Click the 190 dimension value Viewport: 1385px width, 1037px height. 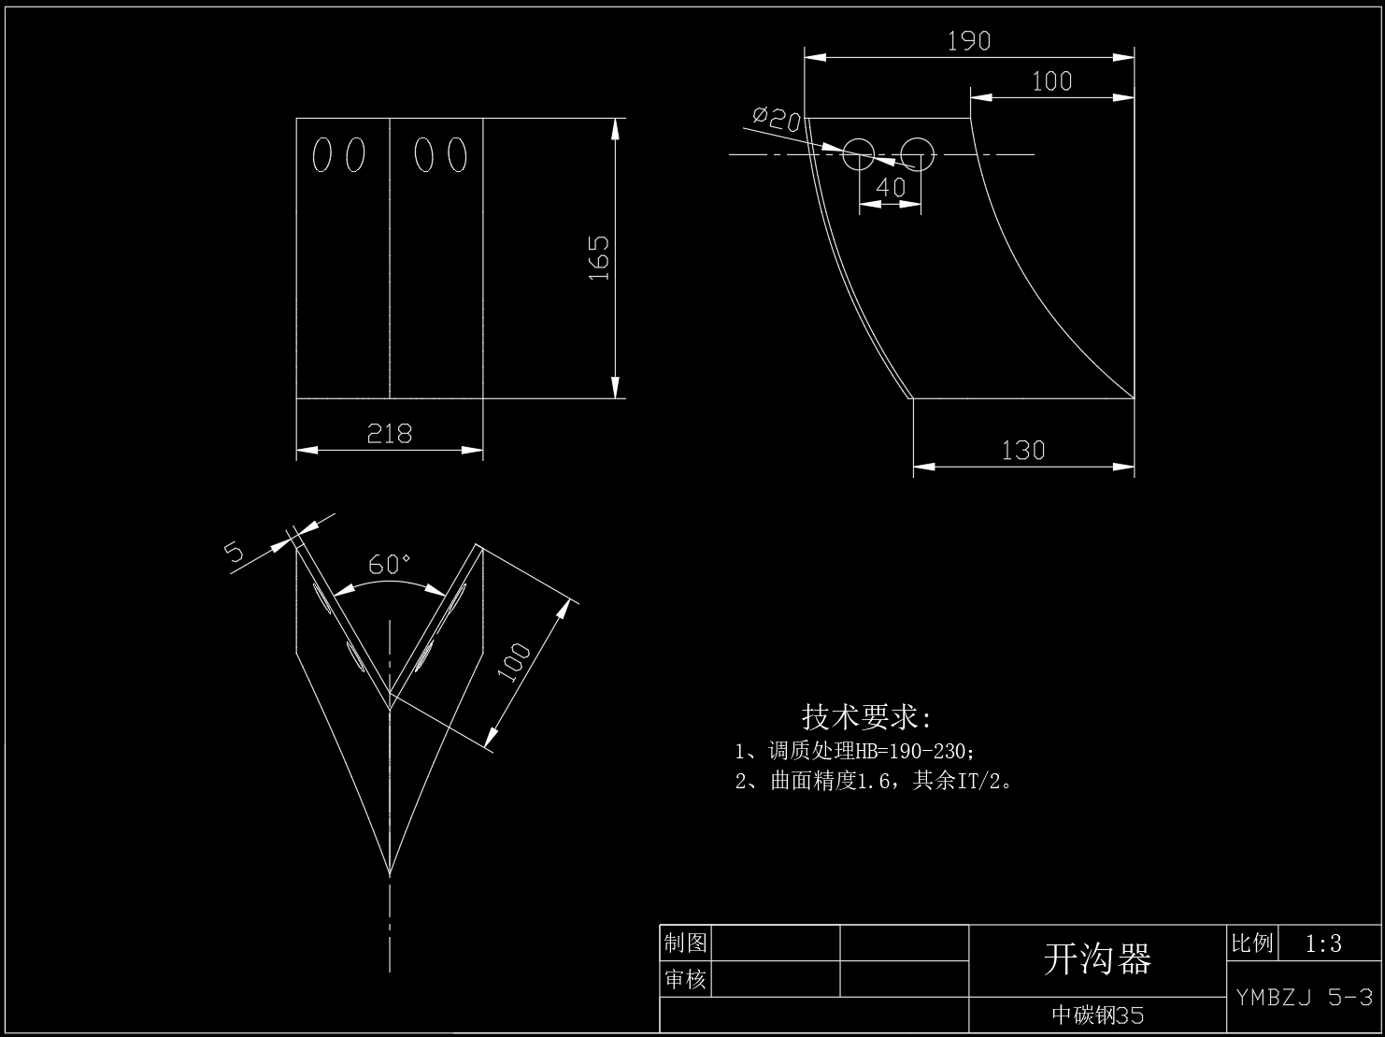coord(968,41)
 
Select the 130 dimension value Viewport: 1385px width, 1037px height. coord(1022,451)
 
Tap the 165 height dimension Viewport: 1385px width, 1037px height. coord(598,258)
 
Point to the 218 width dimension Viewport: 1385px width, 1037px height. coord(390,434)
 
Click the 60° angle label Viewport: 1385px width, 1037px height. coord(389,564)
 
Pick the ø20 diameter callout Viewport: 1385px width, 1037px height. coord(777,118)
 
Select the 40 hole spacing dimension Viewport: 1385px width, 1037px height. coord(891,187)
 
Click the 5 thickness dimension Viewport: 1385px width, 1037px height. coord(234,551)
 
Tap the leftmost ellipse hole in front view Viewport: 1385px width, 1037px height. coord(321,154)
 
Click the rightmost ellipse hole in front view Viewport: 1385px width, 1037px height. coord(457,154)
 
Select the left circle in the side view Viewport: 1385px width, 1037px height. coord(859,154)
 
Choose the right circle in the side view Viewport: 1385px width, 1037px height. coord(917,154)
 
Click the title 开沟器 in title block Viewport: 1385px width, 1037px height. coord(1097,959)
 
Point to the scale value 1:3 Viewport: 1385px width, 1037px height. coord(1322,943)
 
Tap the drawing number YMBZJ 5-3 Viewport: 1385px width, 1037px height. coord(1304,997)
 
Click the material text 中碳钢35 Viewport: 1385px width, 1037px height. coord(1097,1015)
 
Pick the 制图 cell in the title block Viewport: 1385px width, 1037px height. coord(685,943)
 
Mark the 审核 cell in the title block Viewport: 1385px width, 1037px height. coord(685,979)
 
